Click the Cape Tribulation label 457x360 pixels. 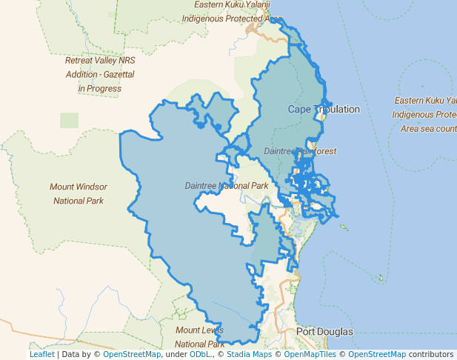(x=324, y=110)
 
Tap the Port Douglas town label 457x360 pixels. (x=324, y=331)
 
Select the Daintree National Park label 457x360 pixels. (x=227, y=185)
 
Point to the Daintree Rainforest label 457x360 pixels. (x=300, y=151)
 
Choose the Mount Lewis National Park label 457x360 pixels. (x=199, y=336)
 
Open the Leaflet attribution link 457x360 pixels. (x=41, y=354)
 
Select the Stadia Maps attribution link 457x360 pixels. (x=249, y=354)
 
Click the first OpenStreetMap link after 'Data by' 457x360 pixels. (x=132, y=354)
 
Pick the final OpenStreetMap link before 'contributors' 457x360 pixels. (x=377, y=354)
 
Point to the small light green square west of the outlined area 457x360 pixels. (x=69, y=120)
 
